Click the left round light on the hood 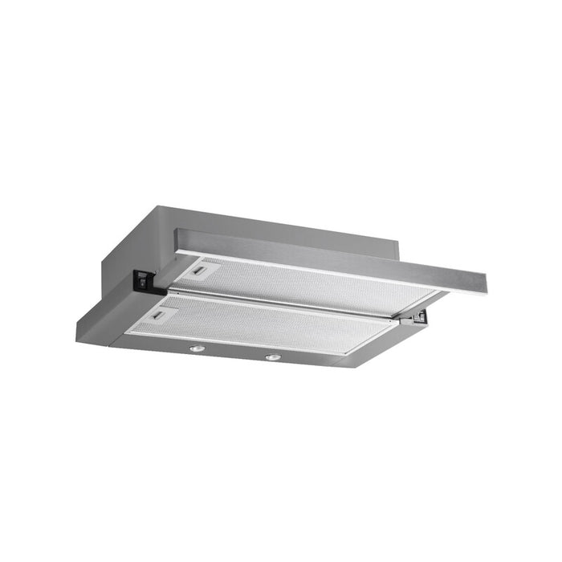coord(195,349)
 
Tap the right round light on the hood coord(273,356)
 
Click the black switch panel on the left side coord(145,279)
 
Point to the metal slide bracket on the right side coord(417,319)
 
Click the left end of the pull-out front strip coord(181,239)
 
